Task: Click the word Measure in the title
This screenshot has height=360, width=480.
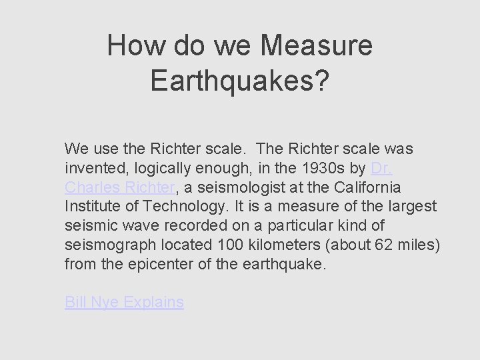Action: point(317,46)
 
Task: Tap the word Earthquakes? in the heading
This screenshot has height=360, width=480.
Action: point(239,80)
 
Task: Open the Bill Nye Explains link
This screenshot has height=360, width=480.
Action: point(124,303)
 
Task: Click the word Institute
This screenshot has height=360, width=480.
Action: point(89,207)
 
